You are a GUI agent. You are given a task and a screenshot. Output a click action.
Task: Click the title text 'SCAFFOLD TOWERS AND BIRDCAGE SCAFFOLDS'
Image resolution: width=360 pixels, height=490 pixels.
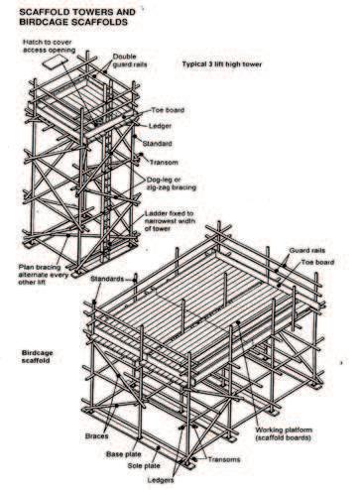[x=77, y=17]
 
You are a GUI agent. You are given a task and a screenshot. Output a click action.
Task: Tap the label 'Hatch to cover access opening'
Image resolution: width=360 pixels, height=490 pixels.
[x=49, y=47]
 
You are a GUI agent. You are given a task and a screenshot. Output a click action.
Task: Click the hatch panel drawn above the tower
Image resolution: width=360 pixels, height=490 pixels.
[x=55, y=61]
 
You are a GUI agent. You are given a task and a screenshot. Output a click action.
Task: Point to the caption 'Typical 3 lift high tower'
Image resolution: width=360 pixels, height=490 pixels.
[x=222, y=64]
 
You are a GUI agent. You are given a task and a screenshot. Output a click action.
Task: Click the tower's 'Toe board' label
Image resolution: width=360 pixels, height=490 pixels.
[x=168, y=110]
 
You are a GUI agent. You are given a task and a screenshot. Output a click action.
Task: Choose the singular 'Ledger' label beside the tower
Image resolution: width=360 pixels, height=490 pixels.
[x=160, y=126]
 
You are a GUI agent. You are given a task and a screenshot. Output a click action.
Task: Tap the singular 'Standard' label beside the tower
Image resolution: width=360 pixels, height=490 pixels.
[x=157, y=144]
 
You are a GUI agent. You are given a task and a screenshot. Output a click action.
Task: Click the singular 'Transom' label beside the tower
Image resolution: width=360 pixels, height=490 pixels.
[x=164, y=163]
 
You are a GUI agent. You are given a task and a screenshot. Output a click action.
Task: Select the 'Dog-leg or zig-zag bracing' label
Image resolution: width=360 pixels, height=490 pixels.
[x=172, y=184]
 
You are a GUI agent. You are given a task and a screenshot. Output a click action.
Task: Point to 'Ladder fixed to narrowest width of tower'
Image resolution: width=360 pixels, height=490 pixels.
[x=170, y=221]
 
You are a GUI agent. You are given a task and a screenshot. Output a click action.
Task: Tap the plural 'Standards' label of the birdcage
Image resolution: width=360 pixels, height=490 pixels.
[x=107, y=279]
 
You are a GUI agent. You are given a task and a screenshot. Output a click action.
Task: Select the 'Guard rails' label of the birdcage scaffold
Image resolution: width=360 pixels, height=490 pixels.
[x=307, y=250]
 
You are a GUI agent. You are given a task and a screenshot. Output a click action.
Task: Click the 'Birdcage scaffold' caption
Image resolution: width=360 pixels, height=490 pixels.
[x=37, y=356]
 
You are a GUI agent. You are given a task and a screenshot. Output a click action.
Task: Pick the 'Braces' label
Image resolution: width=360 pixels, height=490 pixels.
[x=96, y=436]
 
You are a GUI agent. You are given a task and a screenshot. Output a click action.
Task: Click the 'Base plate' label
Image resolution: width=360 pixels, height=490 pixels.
[x=124, y=454]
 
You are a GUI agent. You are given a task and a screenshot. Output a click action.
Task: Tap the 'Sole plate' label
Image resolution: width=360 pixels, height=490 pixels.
[x=144, y=466]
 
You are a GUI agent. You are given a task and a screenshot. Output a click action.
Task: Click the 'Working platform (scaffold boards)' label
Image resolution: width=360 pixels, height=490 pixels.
[x=284, y=433]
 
